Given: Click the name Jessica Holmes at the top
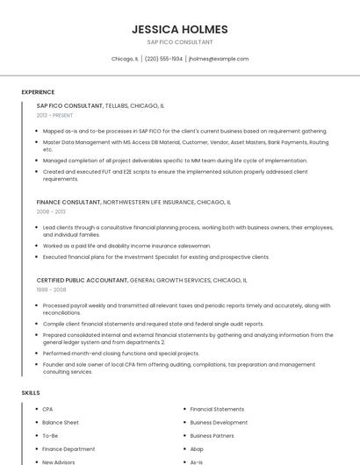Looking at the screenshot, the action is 179,29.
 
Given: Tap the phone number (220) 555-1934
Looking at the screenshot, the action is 163,59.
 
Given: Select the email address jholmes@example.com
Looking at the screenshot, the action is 219,59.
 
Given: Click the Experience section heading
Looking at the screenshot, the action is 38,92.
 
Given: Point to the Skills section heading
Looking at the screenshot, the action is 31,392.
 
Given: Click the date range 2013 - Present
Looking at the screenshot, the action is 54,115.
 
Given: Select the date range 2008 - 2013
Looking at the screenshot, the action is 51,211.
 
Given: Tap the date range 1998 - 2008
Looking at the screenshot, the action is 51,289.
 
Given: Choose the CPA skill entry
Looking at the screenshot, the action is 48,409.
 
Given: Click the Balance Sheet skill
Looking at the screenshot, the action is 61,422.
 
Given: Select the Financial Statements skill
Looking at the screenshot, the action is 217,409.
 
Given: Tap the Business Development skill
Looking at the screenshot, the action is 219,422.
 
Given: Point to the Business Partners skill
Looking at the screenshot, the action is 212,435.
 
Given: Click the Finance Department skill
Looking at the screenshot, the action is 68,448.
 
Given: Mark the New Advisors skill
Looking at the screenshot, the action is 60,461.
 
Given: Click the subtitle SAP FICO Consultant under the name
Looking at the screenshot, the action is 179,42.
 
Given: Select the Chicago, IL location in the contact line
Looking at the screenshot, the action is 125,59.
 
